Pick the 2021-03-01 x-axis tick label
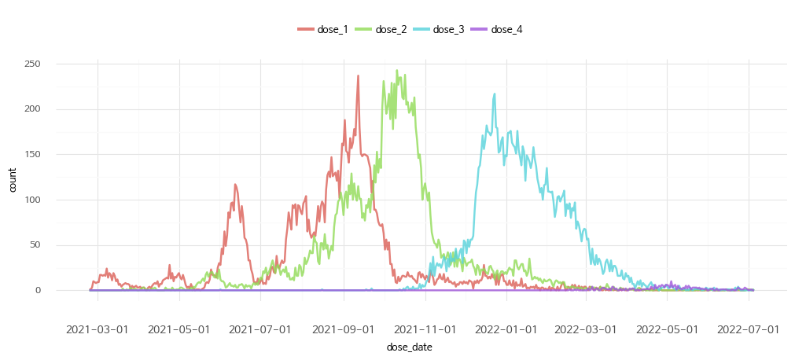tap(98, 329)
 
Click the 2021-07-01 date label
tap(260, 329)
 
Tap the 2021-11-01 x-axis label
tap(425, 329)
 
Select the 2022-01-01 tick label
tap(507, 329)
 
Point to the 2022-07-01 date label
tap(749, 329)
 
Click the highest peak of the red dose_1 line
tap(359, 76)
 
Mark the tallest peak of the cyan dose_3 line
tap(495, 94)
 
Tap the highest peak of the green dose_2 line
tap(397, 70)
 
